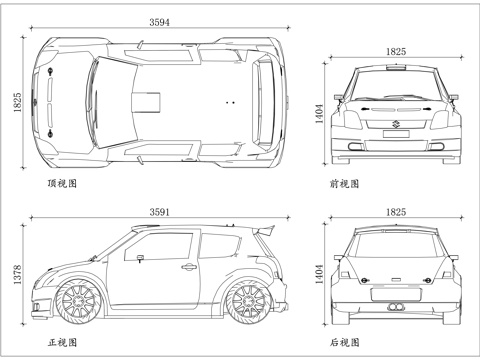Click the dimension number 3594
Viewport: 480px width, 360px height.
[x=158, y=21]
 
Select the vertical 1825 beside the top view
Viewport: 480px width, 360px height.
[x=16, y=105]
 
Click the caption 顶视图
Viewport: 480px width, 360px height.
[x=61, y=183]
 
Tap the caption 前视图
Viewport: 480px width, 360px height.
[x=345, y=183]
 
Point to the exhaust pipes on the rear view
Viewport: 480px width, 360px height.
[x=396, y=303]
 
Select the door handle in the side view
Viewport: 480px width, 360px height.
[x=188, y=266]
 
